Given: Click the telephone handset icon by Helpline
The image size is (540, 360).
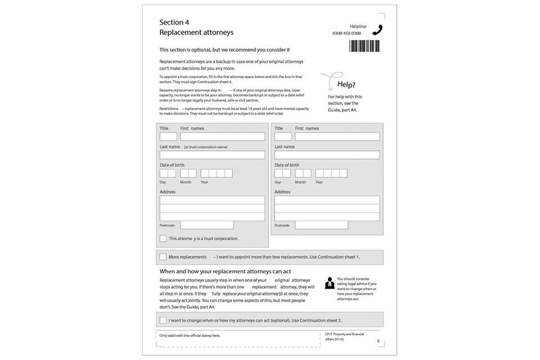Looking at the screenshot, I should click(x=377, y=30).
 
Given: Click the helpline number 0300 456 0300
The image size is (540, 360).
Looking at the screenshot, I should click(x=347, y=34).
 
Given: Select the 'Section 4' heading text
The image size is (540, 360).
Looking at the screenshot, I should click(x=174, y=22).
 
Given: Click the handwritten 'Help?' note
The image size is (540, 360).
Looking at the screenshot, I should click(x=346, y=85).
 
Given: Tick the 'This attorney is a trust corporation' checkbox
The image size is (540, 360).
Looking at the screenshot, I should click(x=163, y=238).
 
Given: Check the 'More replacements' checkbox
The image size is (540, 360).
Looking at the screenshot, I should click(x=163, y=257).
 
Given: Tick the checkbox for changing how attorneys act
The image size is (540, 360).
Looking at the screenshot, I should click(x=163, y=320).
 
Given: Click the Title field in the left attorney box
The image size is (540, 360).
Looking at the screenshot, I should click(x=168, y=137).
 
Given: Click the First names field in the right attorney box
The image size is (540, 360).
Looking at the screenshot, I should click(x=337, y=137).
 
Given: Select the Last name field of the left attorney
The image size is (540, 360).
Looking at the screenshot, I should click(x=212, y=155).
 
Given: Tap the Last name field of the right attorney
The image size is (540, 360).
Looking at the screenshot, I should click(x=327, y=155).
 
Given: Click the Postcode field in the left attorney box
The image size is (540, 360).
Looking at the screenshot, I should click(x=206, y=225).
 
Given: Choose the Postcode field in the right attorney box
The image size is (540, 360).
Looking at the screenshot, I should click(x=321, y=225).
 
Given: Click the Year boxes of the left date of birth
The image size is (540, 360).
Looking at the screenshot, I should click(x=217, y=173).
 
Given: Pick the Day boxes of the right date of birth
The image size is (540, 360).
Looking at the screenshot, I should click(x=282, y=173).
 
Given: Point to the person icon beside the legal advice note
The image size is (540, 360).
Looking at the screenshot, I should click(x=330, y=283).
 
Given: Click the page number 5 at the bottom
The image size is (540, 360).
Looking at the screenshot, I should click(x=378, y=341).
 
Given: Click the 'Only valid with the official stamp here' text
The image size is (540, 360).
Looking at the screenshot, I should click(x=190, y=336).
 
